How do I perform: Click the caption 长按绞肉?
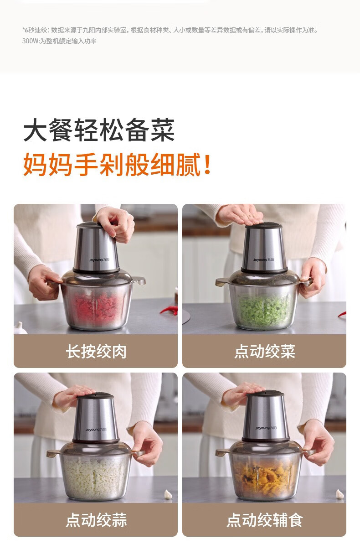tap(96, 351)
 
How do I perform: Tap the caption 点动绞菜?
tap(265, 351)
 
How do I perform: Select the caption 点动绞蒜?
tap(96, 520)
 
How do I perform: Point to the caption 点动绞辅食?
tap(265, 520)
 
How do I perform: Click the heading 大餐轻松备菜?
tap(99, 130)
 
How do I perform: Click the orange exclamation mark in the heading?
tap(207, 164)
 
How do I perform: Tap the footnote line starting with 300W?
tap(59, 41)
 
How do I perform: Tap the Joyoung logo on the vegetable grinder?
tap(263, 260)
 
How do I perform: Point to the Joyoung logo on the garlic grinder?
tap(96, 430)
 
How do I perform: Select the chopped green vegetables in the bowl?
tap(263, 309)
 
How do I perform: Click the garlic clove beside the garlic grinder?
tap(168, 494)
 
